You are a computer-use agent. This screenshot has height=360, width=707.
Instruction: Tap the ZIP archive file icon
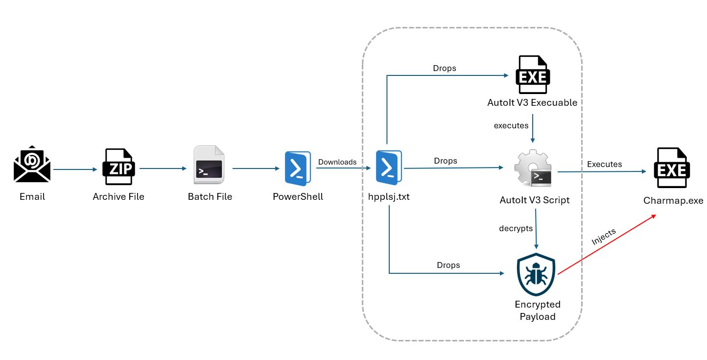tap(118, 167)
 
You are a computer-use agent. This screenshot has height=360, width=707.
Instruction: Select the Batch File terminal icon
tap(209, 165)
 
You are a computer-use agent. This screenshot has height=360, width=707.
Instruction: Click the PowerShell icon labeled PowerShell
tap(297, 168)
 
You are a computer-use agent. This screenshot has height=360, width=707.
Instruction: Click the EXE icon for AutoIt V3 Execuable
tap(533, 74)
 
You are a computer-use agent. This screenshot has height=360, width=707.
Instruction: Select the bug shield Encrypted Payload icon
tap(537, 275)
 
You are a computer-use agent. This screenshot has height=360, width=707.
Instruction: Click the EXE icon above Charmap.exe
tap(673, 168)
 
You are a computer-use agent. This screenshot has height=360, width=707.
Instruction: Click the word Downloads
tap(337, 162)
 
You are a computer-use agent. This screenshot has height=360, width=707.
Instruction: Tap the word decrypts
tap(516, 228)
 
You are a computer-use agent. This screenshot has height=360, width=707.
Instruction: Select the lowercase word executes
tap(511, 125)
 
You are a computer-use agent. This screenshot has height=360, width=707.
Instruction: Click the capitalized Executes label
tap(604, 164)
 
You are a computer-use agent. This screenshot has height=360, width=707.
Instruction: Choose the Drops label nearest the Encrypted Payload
tap(448, 265)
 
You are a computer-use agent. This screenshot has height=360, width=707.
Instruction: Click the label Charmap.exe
tap(673, 201)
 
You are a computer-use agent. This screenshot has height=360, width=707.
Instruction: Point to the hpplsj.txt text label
tap(389, 197)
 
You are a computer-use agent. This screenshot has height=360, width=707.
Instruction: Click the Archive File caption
tap(118, 197)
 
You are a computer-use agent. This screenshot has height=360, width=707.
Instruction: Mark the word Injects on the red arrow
tap(603, 237)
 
